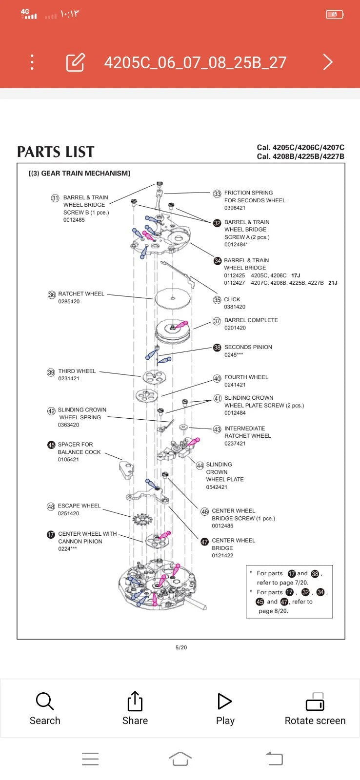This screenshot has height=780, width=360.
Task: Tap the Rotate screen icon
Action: click(315, 702)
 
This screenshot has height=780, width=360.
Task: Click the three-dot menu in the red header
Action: click(32, 62)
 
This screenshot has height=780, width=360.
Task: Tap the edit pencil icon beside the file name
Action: click(75, 62)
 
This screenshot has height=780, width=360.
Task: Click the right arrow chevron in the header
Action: click(328, 62)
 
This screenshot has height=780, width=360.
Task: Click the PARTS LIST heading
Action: click(56, 152)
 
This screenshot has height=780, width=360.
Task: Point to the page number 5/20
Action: click(181, 647)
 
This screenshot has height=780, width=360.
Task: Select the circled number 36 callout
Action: click(52, 295)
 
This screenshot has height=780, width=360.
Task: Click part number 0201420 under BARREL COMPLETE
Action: click(235, 328)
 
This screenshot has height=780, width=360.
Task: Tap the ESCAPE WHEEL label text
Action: click(79, 506)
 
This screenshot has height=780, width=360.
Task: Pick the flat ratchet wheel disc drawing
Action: click(172, 298)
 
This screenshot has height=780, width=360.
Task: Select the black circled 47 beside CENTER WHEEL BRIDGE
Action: click(204, 542)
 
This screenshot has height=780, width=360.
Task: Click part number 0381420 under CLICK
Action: click(235, 307)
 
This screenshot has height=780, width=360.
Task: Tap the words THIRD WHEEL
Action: click(77, 371)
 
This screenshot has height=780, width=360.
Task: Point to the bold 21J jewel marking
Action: click(333, 283)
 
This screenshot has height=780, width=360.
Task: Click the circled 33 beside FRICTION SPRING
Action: click(217, 194)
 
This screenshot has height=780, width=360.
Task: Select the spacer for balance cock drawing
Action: click(126, 469)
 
